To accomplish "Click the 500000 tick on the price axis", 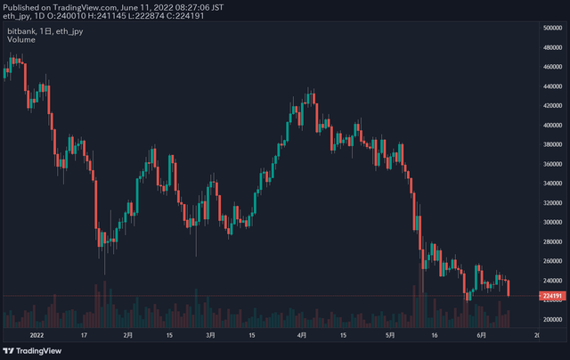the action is [x=552, y=28].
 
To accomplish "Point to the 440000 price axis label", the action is [x=552, y=86].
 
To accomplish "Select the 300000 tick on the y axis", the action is [x=552, y=222].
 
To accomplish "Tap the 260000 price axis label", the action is [x=552, y=261].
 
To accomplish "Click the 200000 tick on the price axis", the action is [x=552, y=319].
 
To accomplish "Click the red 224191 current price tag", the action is [x=552, y=296].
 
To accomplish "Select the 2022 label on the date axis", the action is [x=37, y=335].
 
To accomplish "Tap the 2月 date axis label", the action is [x=128, y=335].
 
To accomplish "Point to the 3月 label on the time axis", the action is [x=210, y=335].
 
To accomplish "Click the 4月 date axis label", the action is [x=302, y=335].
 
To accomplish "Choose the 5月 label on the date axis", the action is [x=390, y=335].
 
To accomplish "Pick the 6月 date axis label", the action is [x=481, y=335].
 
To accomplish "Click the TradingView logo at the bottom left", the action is [x=32, y=351].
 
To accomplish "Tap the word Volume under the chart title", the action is [x=21, y=39].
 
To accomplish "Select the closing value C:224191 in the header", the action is [x=186, y=16].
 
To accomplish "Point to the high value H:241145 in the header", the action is [x=107, y=16].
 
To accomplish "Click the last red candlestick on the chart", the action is [x=509, y=288].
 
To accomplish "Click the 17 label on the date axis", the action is [x=84, y=335].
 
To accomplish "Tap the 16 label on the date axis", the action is [x=435, y=335].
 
